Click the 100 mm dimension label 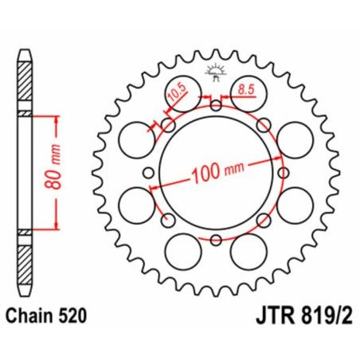[x=217, y=171]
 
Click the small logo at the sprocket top [x=216, y=74]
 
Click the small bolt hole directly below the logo [x=216, y=104]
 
